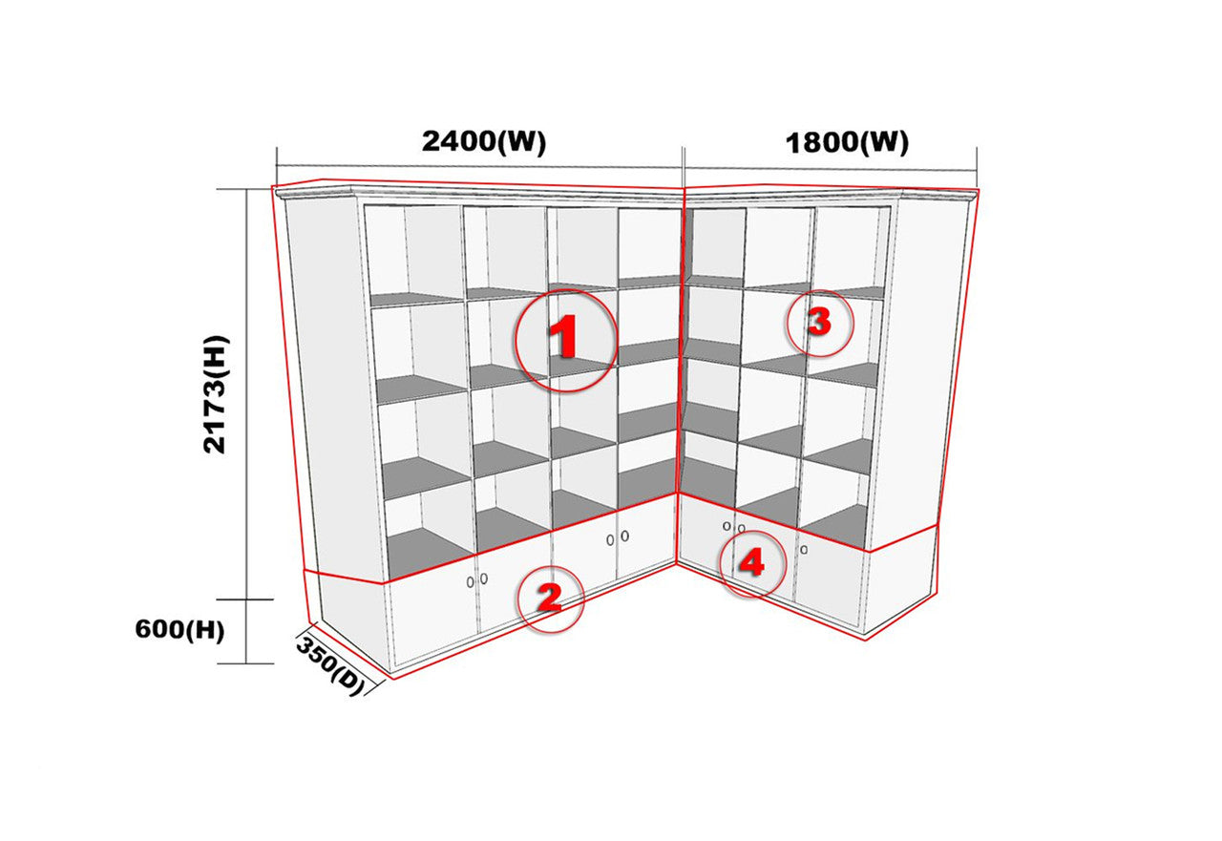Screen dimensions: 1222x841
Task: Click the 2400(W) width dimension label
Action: (x=484, y=142)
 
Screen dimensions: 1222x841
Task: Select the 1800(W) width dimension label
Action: (x=847, y=143)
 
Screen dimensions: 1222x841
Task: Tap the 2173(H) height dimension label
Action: (x=215, y=394)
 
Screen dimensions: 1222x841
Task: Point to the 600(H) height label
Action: (x=180, y=630)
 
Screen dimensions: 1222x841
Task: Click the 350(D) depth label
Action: (x=330, y=666)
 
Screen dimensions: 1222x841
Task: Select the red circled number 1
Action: (x=566, y=341)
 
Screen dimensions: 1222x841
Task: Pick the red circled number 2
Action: (x=550, y=599)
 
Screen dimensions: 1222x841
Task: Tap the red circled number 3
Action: (x=819, y=323)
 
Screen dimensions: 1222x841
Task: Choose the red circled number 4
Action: (x=752, y=564)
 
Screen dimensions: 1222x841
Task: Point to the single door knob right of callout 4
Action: (x=804, y=550)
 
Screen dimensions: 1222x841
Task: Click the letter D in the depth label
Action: (x=347, y=680)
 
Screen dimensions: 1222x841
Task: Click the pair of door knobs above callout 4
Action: (x=734, y=527)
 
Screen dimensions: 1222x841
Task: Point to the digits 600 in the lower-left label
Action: (x=159, y=630)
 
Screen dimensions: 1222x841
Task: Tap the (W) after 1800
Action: (x=884, y=144)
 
